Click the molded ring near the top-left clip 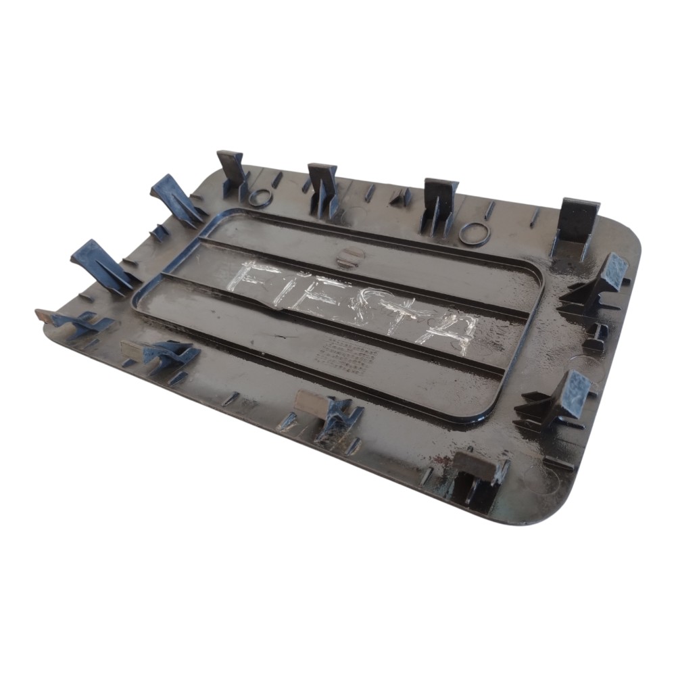(260, 197)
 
